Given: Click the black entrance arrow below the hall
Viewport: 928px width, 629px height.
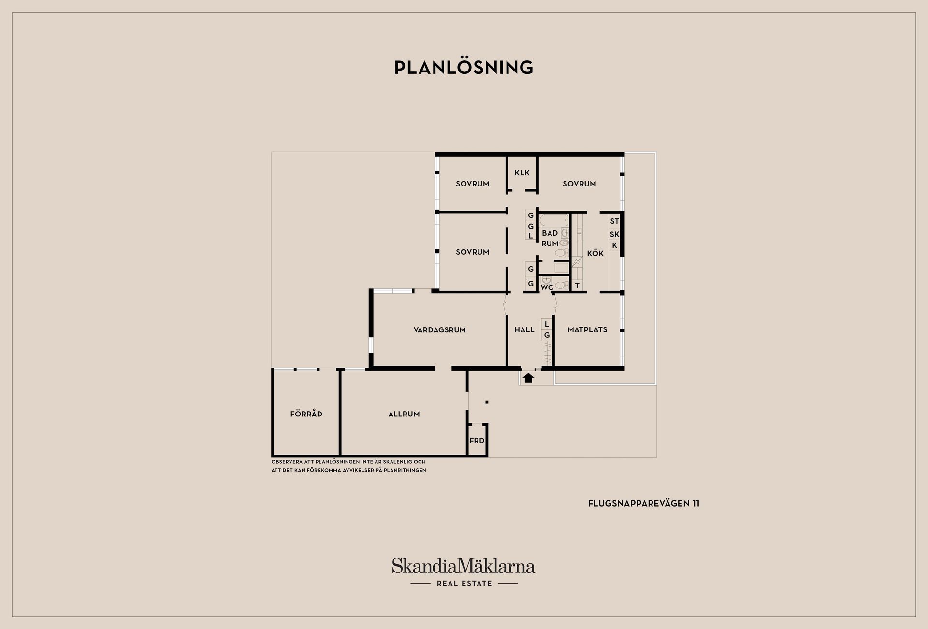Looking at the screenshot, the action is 528,378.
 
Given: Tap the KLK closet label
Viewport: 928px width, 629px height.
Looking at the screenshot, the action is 522,172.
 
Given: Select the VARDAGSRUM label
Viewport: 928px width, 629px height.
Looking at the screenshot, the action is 440,330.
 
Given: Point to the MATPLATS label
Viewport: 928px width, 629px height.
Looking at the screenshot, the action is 587,329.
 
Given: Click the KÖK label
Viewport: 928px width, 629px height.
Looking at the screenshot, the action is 595,253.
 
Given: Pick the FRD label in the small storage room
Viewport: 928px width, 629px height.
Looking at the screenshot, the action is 477,441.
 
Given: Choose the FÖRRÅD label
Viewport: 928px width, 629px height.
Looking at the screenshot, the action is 306,414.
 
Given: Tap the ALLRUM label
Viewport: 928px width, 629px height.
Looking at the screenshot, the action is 404,414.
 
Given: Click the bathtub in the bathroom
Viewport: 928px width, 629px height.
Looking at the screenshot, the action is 554,221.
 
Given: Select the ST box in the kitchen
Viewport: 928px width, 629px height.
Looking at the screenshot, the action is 614,221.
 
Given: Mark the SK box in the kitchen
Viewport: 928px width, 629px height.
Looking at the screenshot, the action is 614,234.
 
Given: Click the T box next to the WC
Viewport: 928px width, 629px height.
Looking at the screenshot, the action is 577,286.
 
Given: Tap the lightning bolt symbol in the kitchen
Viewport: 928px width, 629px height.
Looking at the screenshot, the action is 577,262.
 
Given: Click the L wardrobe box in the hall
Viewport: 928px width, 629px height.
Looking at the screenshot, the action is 547,324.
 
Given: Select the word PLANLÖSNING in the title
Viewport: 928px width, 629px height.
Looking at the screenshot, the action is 464,68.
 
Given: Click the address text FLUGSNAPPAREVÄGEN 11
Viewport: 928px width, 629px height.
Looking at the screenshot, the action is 643,503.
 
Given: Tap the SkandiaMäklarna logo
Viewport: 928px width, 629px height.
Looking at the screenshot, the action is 464,572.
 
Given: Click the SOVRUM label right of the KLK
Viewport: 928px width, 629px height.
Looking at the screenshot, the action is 579,184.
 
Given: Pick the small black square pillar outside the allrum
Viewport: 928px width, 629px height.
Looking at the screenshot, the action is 487,402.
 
